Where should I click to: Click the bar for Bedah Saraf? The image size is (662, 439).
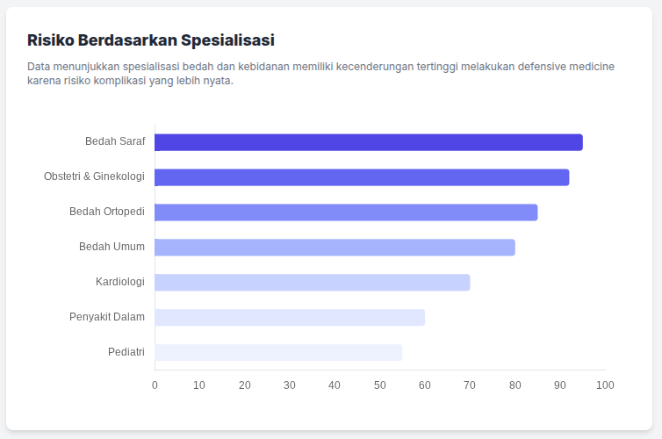(x=369, y=142)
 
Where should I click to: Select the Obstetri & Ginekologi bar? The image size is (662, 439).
(x=362, y=177)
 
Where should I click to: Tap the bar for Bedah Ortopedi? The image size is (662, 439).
(x=346, y=212)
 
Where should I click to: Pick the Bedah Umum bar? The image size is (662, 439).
(x=335, y=248)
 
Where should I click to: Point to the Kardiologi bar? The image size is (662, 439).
(x=312, y=282)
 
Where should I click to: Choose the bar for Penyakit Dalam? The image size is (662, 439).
(x=290, y=317)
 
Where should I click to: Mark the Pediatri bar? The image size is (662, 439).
(x=278, y=352)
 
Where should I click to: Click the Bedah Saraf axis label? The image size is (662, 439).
(x=115, y=141)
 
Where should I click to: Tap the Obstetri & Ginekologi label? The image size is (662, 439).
(x=94, y=176)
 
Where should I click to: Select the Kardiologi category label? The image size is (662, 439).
(x=120, y=282)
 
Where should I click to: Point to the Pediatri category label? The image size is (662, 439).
(x=126, y=352)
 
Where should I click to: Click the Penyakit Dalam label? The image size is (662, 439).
(x=107, y=317)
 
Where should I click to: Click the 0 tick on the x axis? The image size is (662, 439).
(x=155, y=385)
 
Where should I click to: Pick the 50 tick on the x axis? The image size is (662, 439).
(x=379, y=385)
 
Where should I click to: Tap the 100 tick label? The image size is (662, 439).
(x=605, y=385)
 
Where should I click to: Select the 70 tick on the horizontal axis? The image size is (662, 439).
(x=470, y=385)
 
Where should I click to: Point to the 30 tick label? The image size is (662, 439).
(x=290, y=385)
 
